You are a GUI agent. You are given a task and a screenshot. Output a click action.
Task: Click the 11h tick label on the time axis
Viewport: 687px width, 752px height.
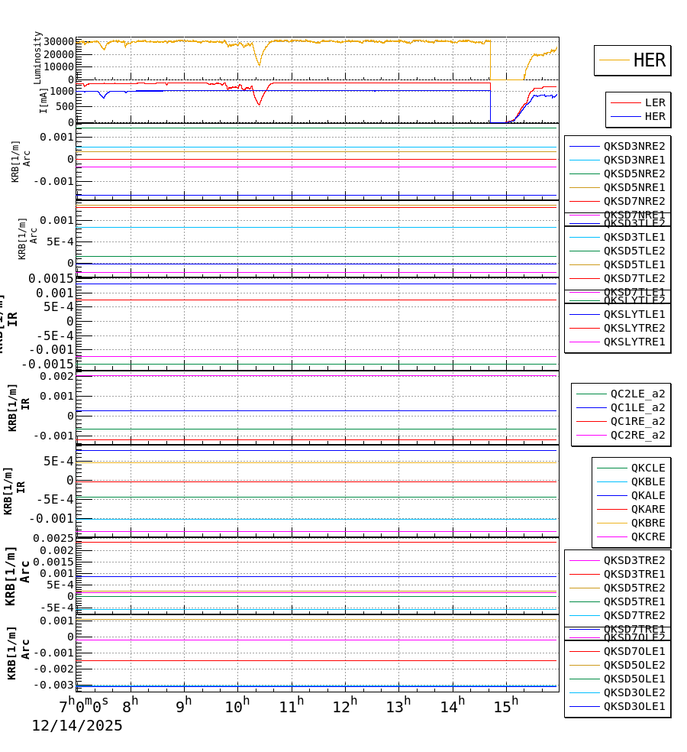click(x=291, y=707)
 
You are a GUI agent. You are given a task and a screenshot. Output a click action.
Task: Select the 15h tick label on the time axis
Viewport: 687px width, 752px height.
click(x=505, y=707)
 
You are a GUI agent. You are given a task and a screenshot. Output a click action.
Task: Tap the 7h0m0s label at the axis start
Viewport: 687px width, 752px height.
click(x=83, y=707)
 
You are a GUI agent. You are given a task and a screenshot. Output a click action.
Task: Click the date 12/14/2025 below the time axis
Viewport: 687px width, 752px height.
click(x=76, y=726)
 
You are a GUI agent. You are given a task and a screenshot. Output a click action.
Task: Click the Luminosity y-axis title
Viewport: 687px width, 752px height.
click(x=37, y=57)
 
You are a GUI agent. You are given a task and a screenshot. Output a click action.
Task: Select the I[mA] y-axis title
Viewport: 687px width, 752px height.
click(x=44, y=100)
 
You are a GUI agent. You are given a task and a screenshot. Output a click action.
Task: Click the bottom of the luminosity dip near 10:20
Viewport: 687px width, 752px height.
click(x=259, y=65)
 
